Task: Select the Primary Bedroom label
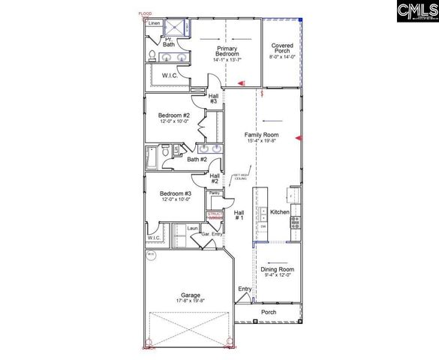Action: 227,52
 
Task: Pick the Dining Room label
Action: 277,268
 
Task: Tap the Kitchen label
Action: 279,212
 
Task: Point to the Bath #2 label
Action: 197,159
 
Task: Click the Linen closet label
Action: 154,23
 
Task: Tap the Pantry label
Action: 214,193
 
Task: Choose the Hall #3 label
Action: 213,98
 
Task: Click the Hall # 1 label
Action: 239,214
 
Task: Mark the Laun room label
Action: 192,228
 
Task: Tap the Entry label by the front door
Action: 245,289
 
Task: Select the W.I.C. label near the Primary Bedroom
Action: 170,75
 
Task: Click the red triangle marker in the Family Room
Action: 298,139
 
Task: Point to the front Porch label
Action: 268,311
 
